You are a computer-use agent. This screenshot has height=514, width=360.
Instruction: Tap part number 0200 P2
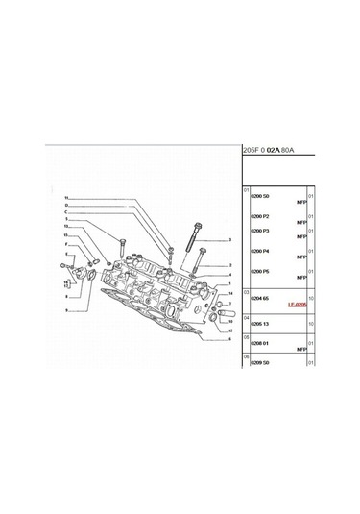262,215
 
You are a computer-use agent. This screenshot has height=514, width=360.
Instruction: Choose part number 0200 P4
262,251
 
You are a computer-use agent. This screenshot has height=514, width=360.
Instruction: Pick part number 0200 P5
262,272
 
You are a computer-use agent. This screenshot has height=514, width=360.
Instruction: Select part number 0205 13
262,323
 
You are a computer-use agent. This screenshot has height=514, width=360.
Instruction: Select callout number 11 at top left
67,198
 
